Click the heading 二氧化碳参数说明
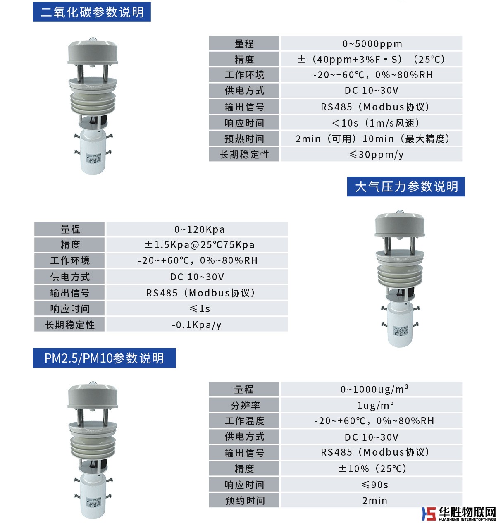(92, 12)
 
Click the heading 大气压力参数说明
(406, 186)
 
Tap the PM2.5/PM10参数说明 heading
(104, 358)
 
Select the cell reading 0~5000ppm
(372, 44)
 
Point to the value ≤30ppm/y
(376, 154)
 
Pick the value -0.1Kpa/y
(196, 325)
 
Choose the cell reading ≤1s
(200, 308)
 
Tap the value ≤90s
(375, 485)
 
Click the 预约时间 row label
(245, 500)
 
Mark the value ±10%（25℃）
(372, 468)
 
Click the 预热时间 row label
(244, 139)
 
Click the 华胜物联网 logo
(458, 513)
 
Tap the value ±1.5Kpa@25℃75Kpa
(200, 245)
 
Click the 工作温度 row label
(244, 421)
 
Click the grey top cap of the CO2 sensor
(93, 52)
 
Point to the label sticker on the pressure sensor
(401, 331)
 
